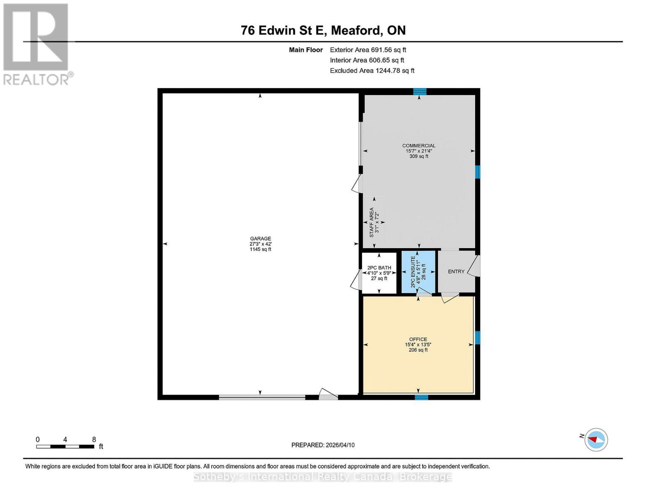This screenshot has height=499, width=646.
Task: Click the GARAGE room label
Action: coord(260,238)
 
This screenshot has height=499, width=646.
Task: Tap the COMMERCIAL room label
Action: coord(418,146)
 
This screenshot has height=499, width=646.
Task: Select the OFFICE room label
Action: coord(418,339)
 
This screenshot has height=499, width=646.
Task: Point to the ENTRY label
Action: coord(456,272)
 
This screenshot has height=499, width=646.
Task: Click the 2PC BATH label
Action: coord(379,267)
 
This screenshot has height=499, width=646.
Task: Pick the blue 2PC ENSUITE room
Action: coord(418,272)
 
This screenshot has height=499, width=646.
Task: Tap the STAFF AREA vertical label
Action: coord(371,222)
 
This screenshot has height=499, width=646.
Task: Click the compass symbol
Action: coord(596,440)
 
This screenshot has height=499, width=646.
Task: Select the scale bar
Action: coord(65,446)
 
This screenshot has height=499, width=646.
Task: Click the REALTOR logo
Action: coord(36,44)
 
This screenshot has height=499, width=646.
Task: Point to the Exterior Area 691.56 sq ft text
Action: coord(368,50)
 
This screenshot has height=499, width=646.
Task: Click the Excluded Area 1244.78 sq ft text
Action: coord(372,71)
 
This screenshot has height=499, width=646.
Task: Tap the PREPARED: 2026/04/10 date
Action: coord(323,445)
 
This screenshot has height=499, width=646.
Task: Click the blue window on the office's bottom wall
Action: coord(421,397)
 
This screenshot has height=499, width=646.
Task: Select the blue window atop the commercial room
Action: coord(420,91)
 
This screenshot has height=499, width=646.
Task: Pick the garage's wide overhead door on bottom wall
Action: coord(262,397)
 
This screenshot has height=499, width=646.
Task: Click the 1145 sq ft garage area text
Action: coord(260,249)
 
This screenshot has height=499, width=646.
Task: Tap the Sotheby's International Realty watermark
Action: coord(323,477)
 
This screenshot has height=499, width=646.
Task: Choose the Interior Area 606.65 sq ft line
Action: coord(367,60)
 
